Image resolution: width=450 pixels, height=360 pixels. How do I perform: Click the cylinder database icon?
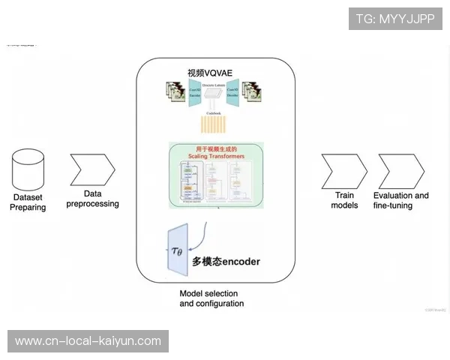(28, 169)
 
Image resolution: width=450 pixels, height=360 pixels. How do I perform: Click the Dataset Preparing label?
(28, 202)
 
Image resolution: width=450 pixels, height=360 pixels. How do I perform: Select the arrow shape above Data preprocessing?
(91, 170)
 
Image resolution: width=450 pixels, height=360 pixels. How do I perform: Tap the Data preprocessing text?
(92, 198)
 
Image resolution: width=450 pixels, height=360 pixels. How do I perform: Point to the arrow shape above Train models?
(344, 171)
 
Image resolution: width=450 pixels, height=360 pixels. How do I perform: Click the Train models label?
(344, 200)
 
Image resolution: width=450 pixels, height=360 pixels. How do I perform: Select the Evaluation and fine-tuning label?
(400, 200)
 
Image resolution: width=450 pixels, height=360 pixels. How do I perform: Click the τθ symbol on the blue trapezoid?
(176, 250)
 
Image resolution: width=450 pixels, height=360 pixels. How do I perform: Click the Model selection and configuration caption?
(211, 298)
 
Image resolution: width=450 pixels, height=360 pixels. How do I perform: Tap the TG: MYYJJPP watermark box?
(395, 18)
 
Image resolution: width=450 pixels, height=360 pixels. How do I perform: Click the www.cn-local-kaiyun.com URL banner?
(88, 341)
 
